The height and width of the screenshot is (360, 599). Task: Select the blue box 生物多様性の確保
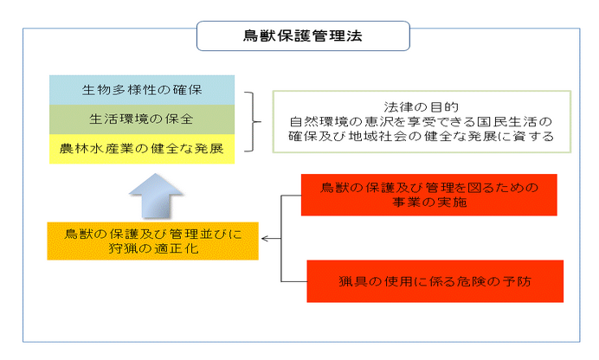pos(142,89)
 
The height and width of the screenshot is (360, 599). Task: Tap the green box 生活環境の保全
pos(142,118)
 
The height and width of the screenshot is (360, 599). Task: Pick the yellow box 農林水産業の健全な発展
pos(142,147)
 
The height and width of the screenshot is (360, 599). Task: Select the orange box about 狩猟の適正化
pos(152,240)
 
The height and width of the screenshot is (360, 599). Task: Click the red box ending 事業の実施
pos(429,195)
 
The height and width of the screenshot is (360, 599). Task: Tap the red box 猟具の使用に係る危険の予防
pos(435,280)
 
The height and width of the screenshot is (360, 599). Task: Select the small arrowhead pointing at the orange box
pos(265,239)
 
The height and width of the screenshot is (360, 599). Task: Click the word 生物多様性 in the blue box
pos(115,89)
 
